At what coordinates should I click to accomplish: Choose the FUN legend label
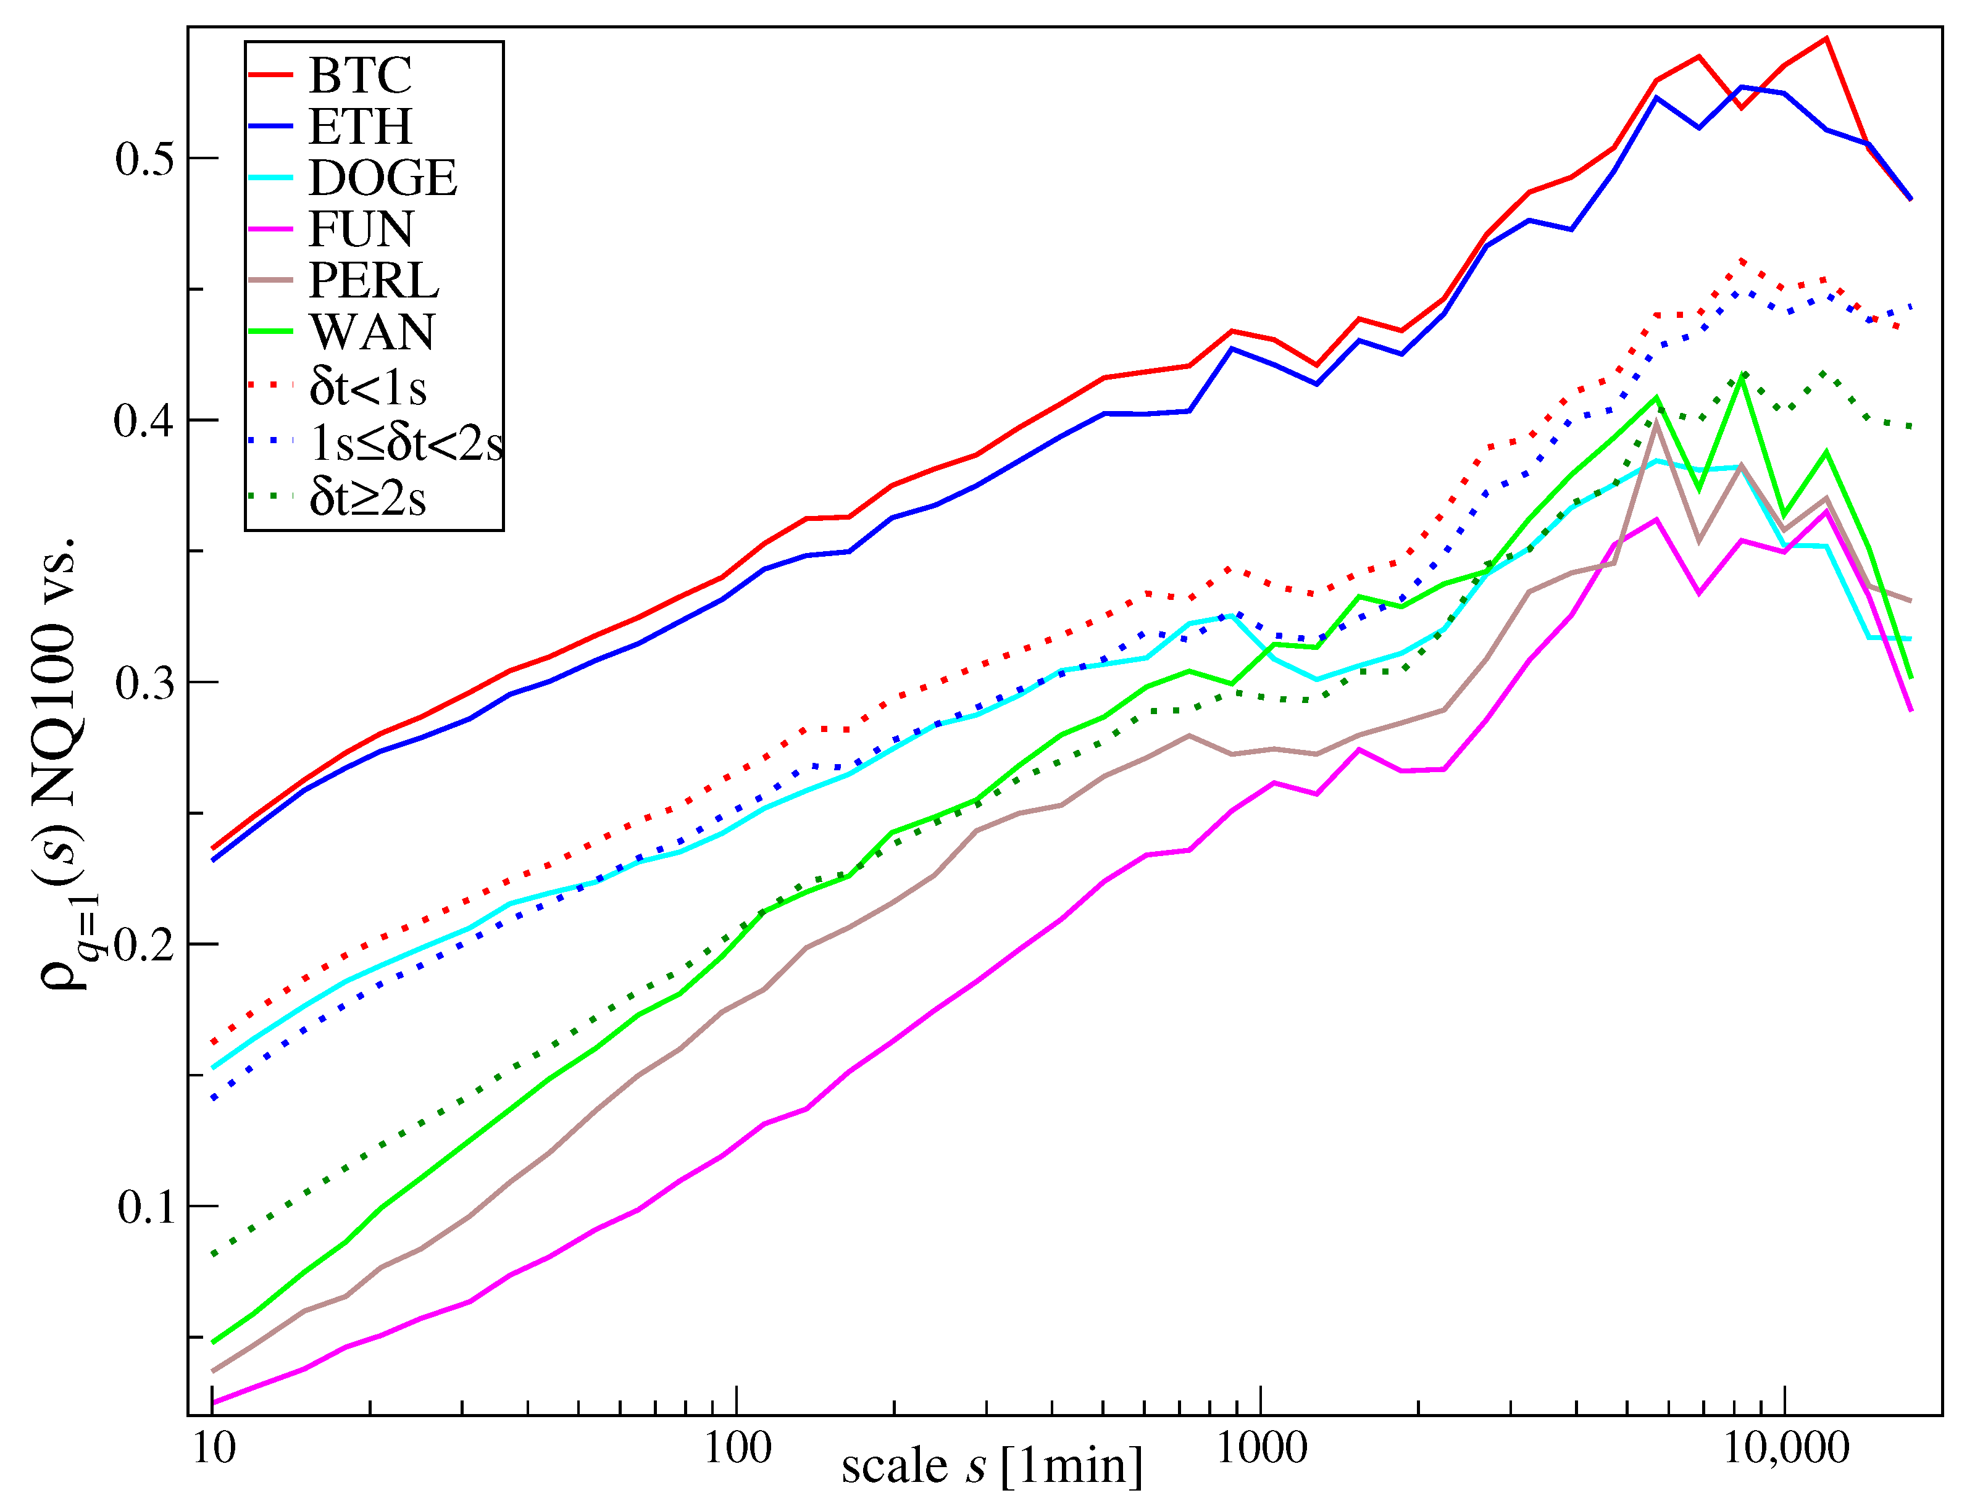click(361, 230)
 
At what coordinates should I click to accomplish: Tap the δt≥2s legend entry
click(367, 497)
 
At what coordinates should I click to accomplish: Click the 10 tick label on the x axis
click(214, 1448)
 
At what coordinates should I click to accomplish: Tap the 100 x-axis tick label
click(737, 1448)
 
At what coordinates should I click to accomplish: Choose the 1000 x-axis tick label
click(1261, 1448)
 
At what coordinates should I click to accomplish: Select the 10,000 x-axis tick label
click(1786, 1448)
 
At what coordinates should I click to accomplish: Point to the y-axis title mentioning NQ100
click(63, 762)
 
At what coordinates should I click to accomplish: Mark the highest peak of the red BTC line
click(1826, 38)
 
